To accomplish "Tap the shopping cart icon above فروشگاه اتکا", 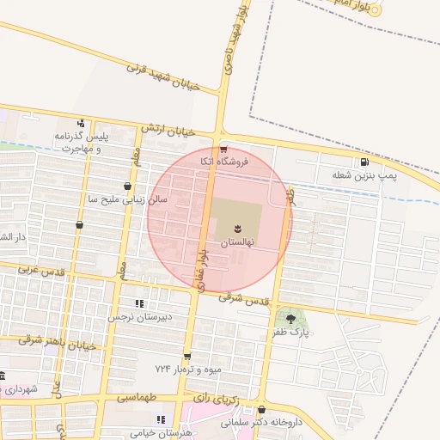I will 223,148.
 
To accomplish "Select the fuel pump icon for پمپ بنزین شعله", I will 365,162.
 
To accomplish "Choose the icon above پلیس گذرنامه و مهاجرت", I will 81,123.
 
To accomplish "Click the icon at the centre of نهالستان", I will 234,228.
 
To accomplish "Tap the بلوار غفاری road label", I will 202,264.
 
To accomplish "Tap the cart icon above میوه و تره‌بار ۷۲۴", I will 186,356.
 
